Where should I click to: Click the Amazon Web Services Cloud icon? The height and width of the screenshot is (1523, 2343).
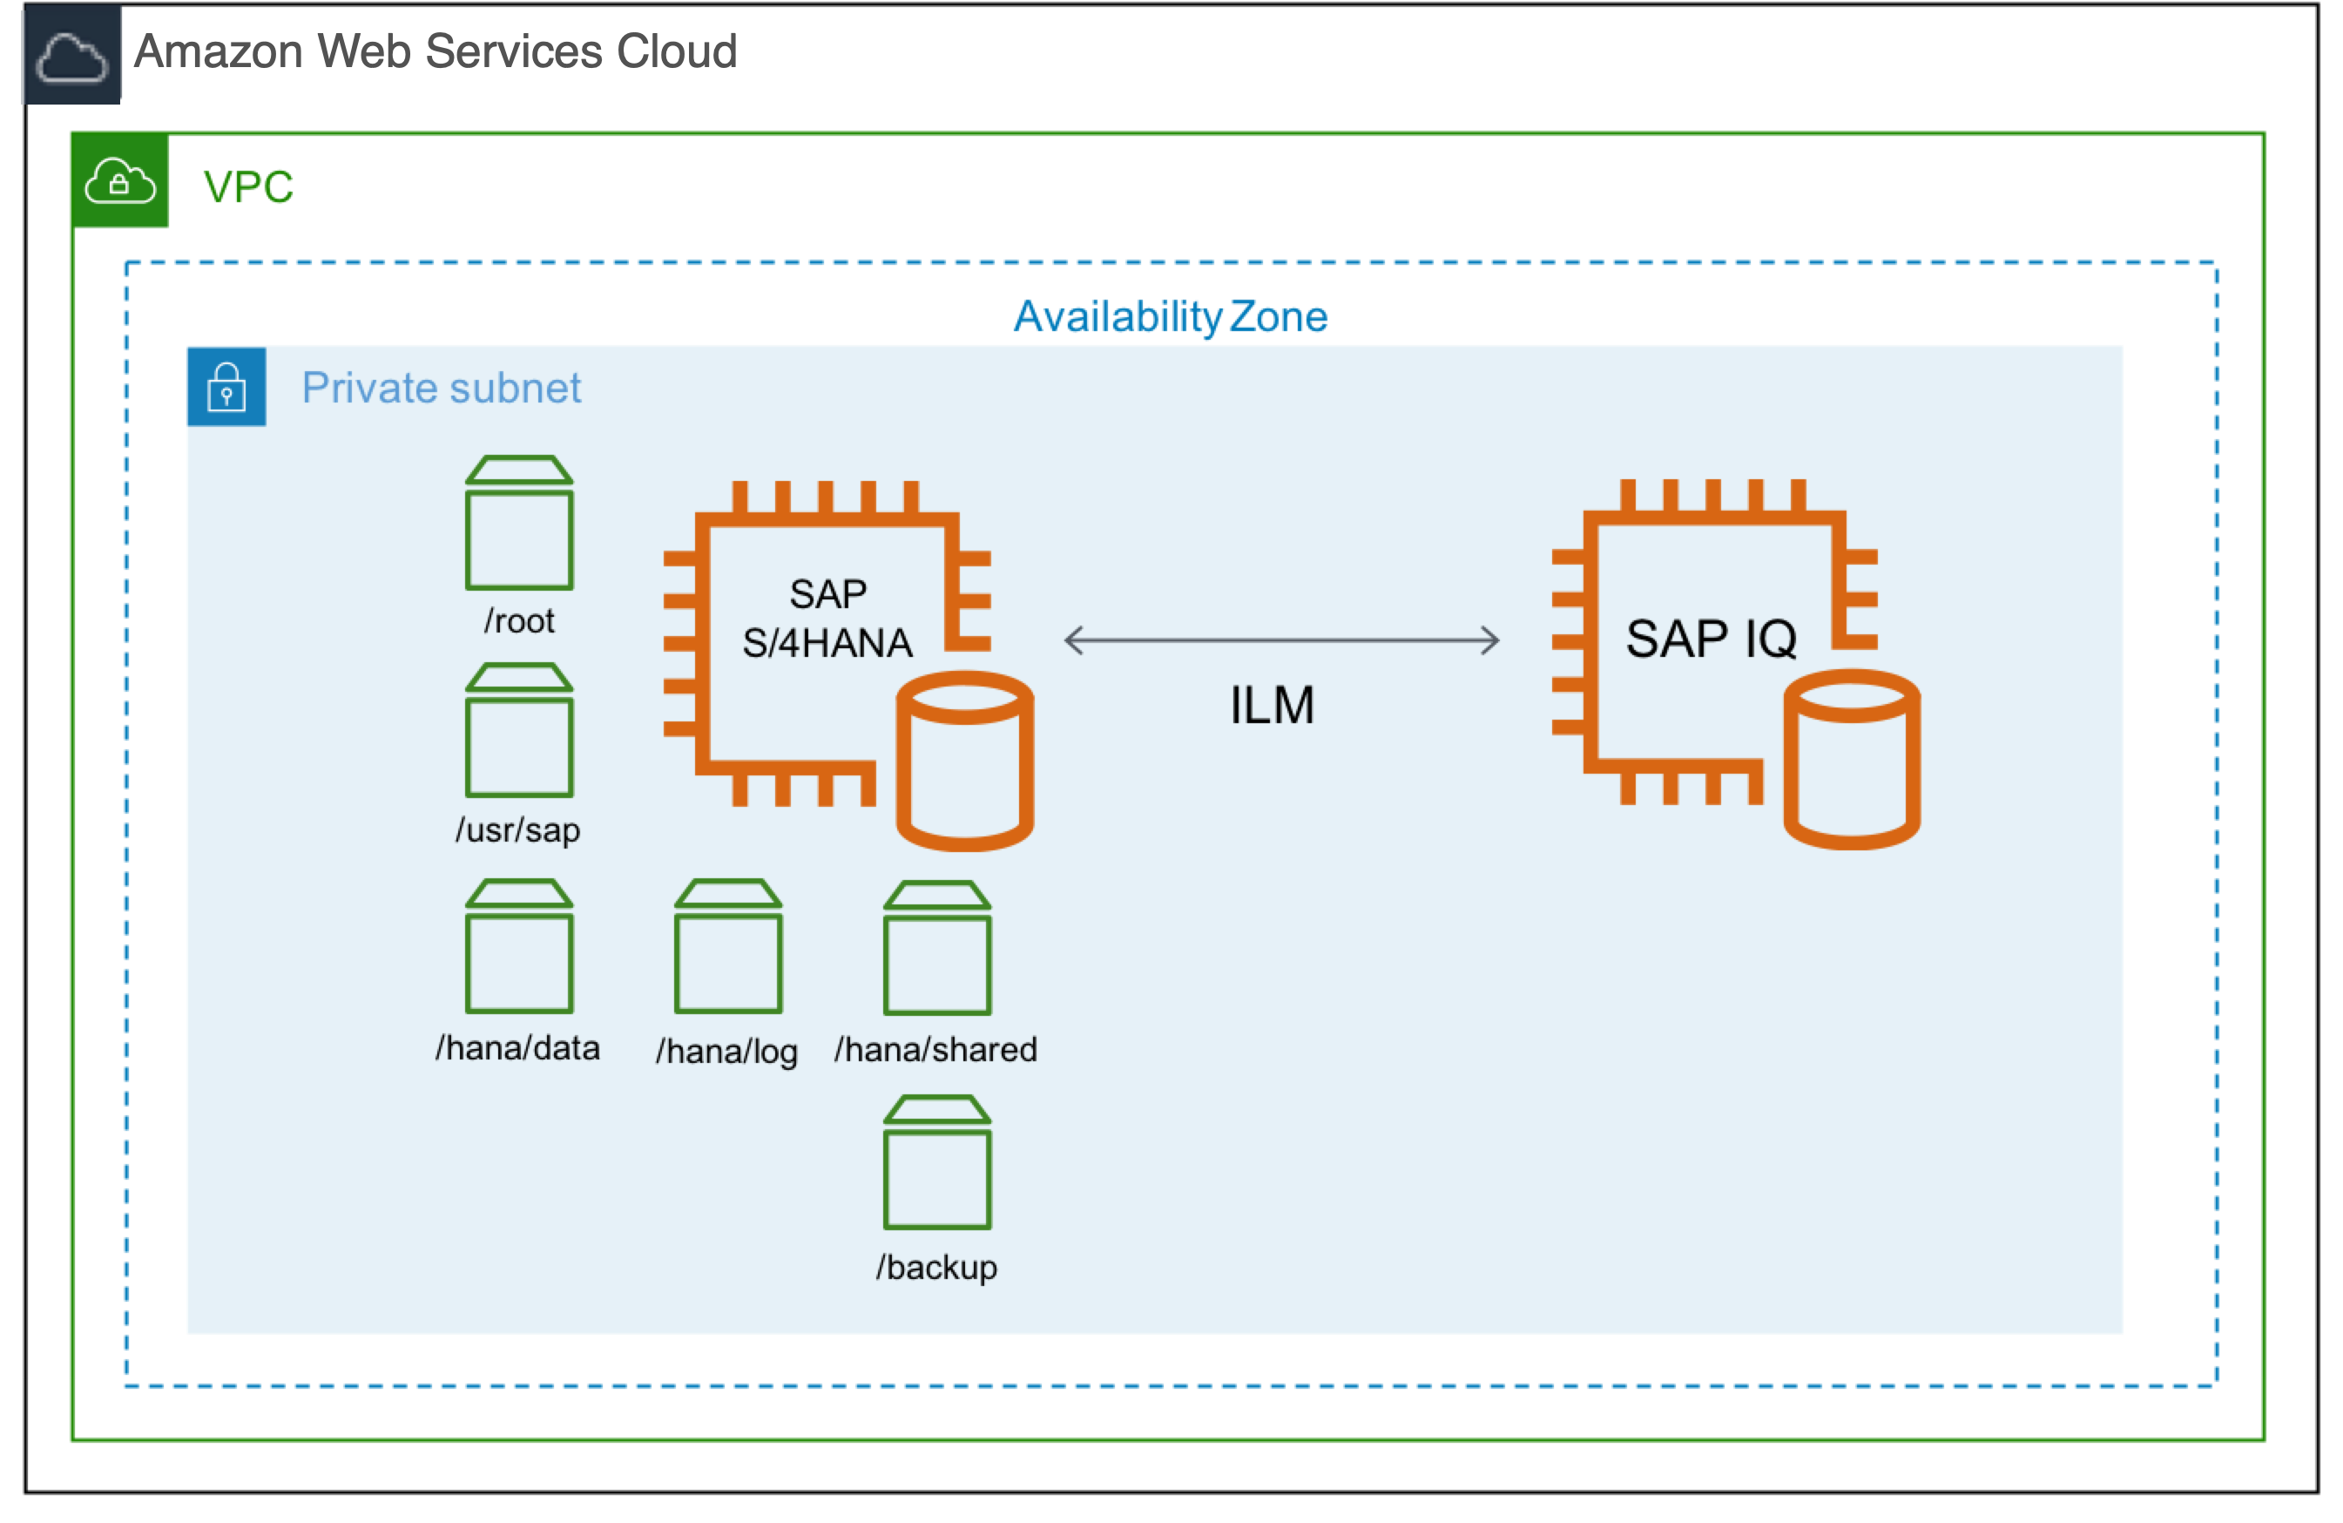tap(71, 55)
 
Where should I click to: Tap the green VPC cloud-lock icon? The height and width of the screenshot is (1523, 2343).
tap(120, 181)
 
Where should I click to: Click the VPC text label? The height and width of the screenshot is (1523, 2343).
tap(248, 187)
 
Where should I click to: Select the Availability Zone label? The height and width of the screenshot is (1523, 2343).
tap(1171, 317)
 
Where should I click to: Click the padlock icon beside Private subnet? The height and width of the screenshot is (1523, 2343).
tap(226, 387)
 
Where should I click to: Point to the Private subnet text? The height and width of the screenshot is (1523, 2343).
tap(441, 388)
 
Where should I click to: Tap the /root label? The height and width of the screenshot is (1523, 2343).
tap(520, 621)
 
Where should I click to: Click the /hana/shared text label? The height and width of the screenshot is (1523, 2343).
tap(935, 1050)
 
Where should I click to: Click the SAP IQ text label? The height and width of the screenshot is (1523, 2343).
tap(1711, 638)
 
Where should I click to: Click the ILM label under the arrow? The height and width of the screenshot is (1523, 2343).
tap(1272, 705)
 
